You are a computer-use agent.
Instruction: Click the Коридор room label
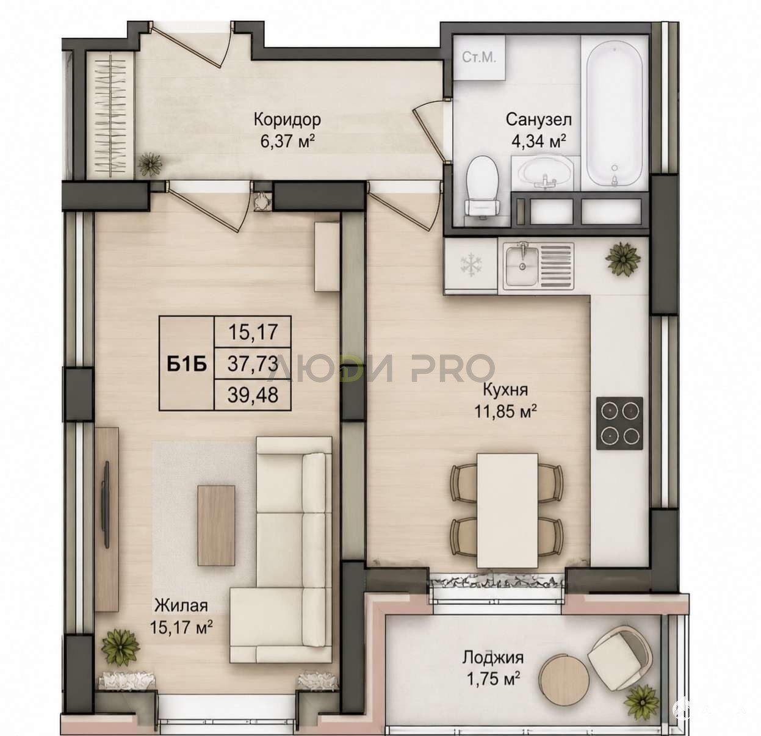pyautogui.click(x=287, y=119)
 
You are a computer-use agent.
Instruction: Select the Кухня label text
pyautogui.click(x=505, y=389)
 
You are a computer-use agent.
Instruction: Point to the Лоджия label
pyautogui.click(x=492, y=657)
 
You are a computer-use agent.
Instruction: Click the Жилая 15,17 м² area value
pyautogui.click(x=181, y=627)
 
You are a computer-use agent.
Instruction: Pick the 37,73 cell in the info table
pyautogui.click(x=253, y=363)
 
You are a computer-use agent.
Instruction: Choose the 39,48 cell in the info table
pyautogui.click(x=253, y=395)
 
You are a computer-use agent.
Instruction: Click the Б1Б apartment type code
pyautogui.click(x=187, y=364)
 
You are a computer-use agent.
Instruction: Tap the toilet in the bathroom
pyautogui.click(x=483, y=186)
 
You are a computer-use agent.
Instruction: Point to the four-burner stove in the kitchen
pyautogui.click(x=619, y=423)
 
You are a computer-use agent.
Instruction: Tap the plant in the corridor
pyautogui.click(x=150, y=164)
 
